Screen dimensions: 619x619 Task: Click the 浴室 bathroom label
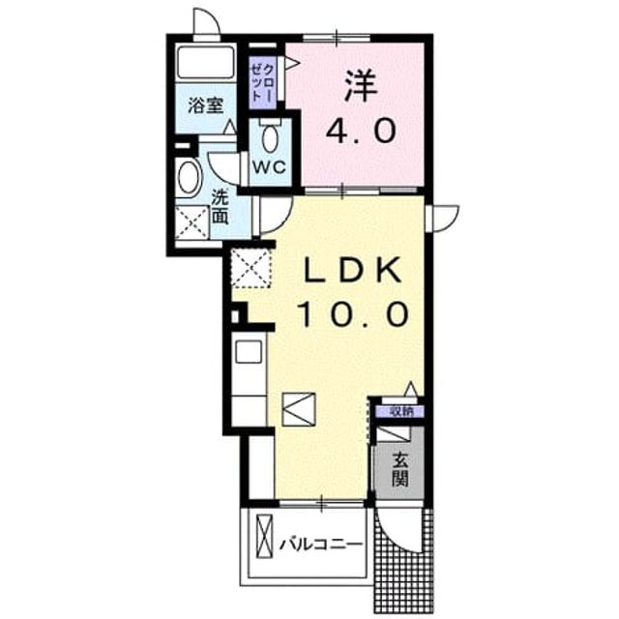pyautogui.click(x=205, y=105)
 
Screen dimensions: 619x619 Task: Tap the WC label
pyautogui.click(x=270, y=167)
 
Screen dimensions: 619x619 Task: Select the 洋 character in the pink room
pyautogui.click(x=361, y=85)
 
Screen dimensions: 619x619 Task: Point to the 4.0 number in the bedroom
pyautogui.click(x=361, y=132)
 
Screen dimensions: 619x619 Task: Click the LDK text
pyautogui.click(x=352, y=269)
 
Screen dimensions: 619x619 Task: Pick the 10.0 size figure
pyautogui.click(x=353, y=313)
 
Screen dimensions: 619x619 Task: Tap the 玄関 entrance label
pyautogui.click(x=399, y=469)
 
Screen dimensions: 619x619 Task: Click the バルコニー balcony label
pyautogui.click(x=321, y=545)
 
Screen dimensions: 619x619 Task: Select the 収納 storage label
pyautogui.click(x=401, y=412)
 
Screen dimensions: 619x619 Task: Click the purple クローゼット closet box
pyautogui.click(x=262, y=82)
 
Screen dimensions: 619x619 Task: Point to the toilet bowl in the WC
pyautogui.click(x=270, y=137)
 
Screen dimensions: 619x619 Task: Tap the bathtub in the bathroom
pyautogui.click(x=205, y=62)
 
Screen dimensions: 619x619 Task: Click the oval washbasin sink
pyautogui.click(x=188, y=177)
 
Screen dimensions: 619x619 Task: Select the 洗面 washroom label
pyautogui.click(x=220, y=207)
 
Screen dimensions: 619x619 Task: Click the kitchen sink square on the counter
pyautogui.click(x=249, y=351)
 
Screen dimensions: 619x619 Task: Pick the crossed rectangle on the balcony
pyautogui.click(x=264, y=536)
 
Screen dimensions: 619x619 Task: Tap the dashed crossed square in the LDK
pyautogui.click(x=251, y=269)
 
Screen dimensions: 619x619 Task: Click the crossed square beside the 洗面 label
pyautogui.click(x=192, y=222)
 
